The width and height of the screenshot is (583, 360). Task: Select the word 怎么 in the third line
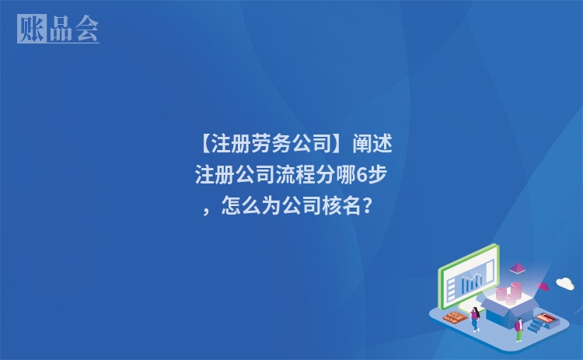click(242, 207)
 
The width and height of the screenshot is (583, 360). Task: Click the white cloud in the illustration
click(565, 283)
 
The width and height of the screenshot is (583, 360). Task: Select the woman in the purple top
click(474, 319)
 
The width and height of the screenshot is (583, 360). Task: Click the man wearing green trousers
click(518, 329)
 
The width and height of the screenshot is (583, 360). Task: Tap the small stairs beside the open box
click(536, 326)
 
